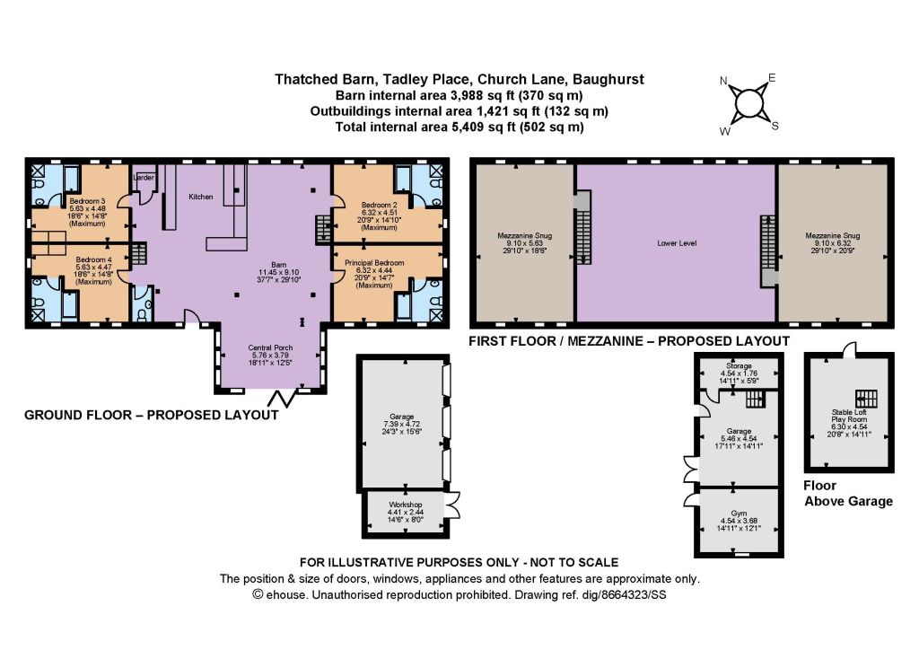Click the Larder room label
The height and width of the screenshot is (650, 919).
coord(144,177)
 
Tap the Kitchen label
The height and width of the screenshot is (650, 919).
coord(200,197)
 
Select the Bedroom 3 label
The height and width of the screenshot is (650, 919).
coord(87,201)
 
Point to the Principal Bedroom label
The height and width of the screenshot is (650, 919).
coord(374,262)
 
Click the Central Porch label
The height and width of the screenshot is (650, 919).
coord(270,347)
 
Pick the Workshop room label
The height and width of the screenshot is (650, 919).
coord(406,505)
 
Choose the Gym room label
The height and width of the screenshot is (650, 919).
coord(739,513)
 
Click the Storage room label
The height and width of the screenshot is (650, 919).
coord(739,365)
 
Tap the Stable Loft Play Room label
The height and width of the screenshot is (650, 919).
coord(849,417)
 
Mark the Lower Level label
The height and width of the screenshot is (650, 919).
coord(677,242)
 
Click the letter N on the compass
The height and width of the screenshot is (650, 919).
coord(724,81)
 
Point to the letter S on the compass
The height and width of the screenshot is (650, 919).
coord(775,126)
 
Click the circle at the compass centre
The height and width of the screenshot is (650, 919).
coord(748,104)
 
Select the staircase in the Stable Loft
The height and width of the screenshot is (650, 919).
coord(866,400)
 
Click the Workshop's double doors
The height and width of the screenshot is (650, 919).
coord(452,505)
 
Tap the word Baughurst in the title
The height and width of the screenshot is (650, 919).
coord(608,79)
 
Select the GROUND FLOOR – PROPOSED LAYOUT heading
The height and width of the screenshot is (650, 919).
coord(151,415)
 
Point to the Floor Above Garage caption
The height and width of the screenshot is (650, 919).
coord(848,494)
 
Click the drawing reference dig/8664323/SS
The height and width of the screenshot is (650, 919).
coord(624,595)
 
